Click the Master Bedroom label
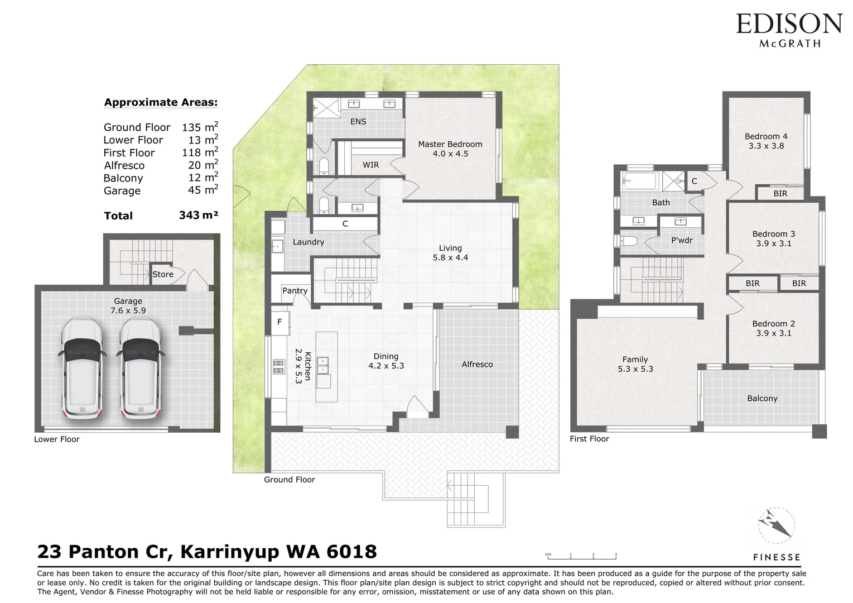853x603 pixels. click(x=450, y=144)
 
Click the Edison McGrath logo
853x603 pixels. click(x=788, y=30)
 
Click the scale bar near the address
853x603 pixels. click(x=581, y=556)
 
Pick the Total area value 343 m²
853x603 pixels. click(x=198, y=216)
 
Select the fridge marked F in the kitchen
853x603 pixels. click(x=279, y=322)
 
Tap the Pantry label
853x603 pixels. click(x=295, y=290)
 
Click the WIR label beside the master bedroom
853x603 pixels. click(x=370, y=165)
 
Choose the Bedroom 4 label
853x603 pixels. click(x=765, y=136)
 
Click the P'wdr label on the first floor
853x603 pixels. click(x=681, y=240)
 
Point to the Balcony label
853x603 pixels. click(x=762, y=398)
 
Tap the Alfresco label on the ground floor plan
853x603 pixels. click(x=477, y=364)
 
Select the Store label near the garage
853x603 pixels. click(x=163, y=274)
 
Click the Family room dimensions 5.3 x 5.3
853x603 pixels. click(x=635, y=369)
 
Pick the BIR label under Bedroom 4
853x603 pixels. click(x=780, y=193)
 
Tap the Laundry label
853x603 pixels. click(x=308, y=242)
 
